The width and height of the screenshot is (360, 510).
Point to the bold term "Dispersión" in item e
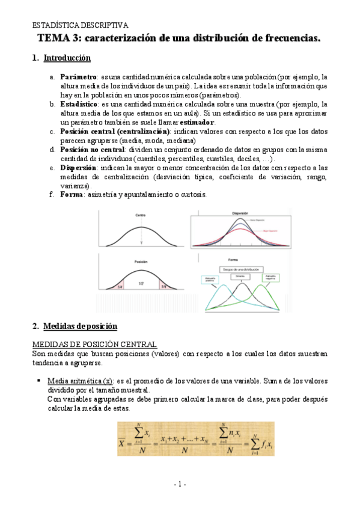pyautogui.click(x=78, y=168)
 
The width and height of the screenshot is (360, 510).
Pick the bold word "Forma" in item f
pyautogui.click(x=72, y=195)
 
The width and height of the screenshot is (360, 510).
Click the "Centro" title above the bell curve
pyautogui.click(x=141, y=215)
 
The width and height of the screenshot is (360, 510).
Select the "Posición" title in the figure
pyautogui.click(x=141, y=262)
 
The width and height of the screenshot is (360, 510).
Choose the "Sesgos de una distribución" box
pyautogui.click(x=240, y=269)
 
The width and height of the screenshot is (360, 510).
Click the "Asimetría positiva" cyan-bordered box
pyautogui.click(x=207, y=278)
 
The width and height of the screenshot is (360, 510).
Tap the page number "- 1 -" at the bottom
pyautogui.click(x=180, y=484)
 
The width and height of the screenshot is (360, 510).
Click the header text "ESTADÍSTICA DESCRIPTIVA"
pyautogui.click(x=80, y=26)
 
